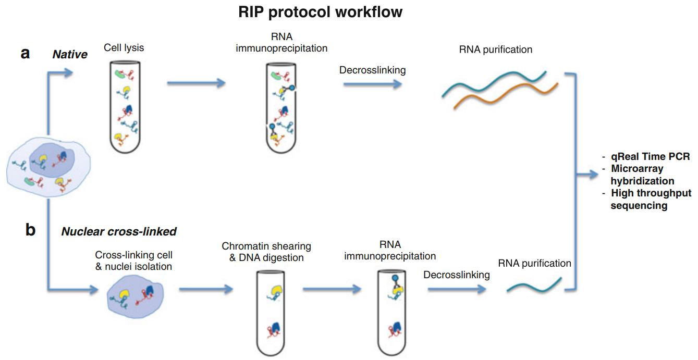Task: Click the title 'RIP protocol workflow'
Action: (x=320, y=13)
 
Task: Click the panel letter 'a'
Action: (x=25, y=53)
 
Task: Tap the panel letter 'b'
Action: (x=30, y=230)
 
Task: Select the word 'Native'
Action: (x=70, y=54)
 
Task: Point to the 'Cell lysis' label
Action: (x=124, y=47)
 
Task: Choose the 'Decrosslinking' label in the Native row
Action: (x=372, y=70)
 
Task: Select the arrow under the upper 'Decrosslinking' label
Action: (x=373, y=83)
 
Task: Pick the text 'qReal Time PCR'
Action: (x=650, y=157)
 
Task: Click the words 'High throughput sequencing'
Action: (x=651, y=199)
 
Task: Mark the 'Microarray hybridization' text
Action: (x=642, y=175)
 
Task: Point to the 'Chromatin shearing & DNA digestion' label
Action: (x=266, y=251)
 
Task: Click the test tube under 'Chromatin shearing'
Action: (x=273, y=312)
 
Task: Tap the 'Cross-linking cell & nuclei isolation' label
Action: (x=133, y=261)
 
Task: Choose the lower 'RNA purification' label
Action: (x=534, y=263)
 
